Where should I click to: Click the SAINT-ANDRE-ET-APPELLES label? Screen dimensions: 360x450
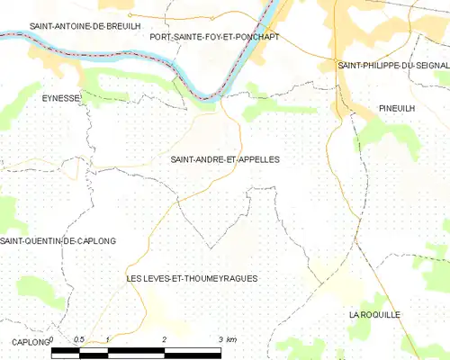coord(224,159)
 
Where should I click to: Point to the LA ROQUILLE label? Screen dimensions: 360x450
coord(374,314)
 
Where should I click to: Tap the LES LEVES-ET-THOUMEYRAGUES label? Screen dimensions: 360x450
coord(193,279)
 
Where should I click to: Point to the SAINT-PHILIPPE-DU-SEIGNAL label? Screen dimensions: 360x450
coord(393,66)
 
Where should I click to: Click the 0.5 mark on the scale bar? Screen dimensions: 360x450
coord(79,338)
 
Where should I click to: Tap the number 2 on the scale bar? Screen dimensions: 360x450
coord(165,338)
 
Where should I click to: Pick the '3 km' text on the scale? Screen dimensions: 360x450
coord(227,338)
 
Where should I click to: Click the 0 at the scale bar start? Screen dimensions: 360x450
coord(52,338)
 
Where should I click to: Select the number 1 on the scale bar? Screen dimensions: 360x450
coord(108,338)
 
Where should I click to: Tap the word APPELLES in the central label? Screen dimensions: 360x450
coord(257,159)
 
